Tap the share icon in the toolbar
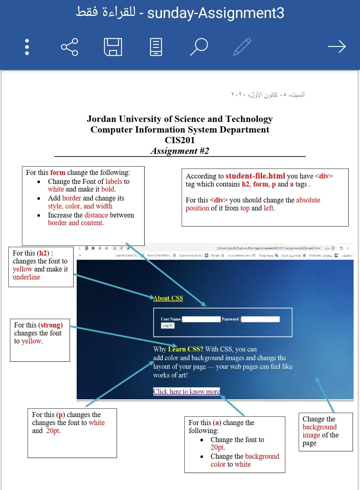[x=70, y=47]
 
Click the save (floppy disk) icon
[x=113, y=47]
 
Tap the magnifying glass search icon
[x=199, y=47]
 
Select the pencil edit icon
[x=242, y=47]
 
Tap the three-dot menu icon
[x=27, y=47]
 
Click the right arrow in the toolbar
[x=337, y=47]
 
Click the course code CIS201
[x=180, y=140]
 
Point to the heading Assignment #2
[x=180, y=151]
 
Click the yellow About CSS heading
[x=168, y=298]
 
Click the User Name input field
[x=201, y=319]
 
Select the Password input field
[x=260, y=319]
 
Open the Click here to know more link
[x=186, y=391]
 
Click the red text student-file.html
[x=255, y=176]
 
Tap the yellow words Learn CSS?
[x=186, y=349]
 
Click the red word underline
[x=26, y=277]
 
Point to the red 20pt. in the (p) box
[x=53, y=431]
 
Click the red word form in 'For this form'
[x=58, y=173]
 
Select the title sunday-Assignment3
[x=216, y=13]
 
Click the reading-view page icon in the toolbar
[x=156, y=47]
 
